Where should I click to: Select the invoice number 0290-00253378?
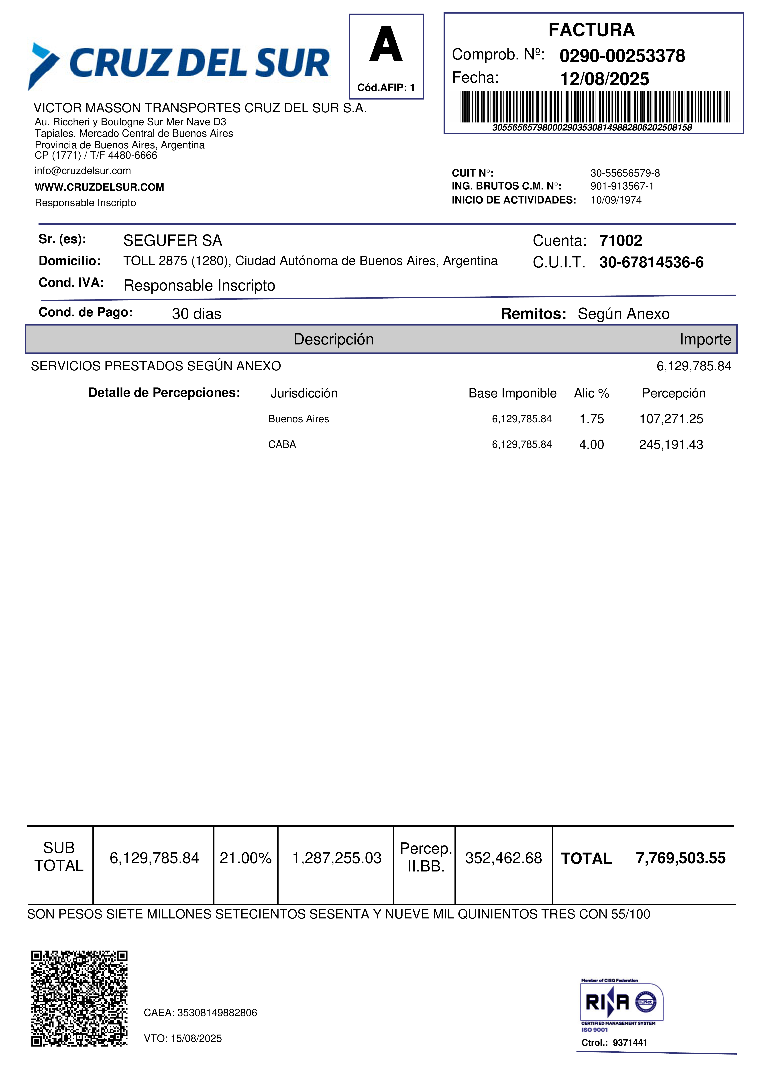pyautogui.click(x=622, y=56)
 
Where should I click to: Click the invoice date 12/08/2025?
pyautogui.click(x=604, y=79)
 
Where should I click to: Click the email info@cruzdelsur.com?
pyautogui.click(x=83, y=171)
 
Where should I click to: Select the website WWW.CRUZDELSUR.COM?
pyautogui.click(x=99, y=187)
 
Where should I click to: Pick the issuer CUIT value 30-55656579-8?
pyautogui.click(x=625, y=173)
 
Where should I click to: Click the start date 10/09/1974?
pyautogui.click(x=616, y=200)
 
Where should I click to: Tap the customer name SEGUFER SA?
pyautogui.click(x=172, y=241)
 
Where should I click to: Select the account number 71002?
pyautogui.click(x=620, y=241)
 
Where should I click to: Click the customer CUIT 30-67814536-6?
pyautogui.click(x=651, y=262)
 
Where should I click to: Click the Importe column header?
pyautogui.click(x=705, y=340)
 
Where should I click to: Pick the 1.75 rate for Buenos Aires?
pyautogui.click(x=591, y=419)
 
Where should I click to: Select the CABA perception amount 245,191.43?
pyautogui.click(x=671, y=444)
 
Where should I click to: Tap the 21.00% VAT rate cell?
pyautogui.click(x=245, y=858)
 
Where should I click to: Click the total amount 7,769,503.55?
pyautogui.click(x=680, y=858)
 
